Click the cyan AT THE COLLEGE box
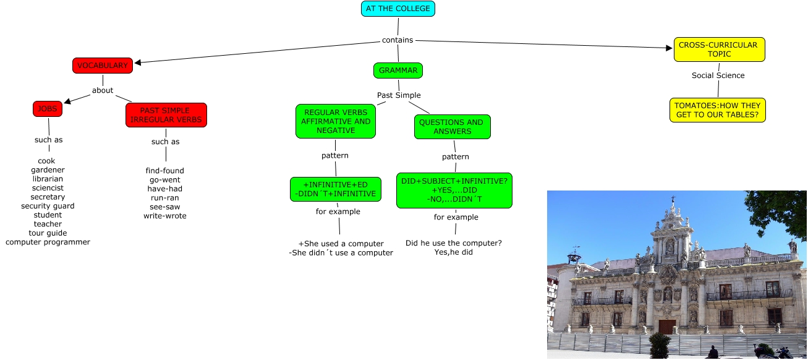[398, 9]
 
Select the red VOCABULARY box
[103, 65]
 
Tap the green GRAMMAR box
[398, 71]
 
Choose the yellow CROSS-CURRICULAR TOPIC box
[719, 49]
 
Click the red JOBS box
[48, 109]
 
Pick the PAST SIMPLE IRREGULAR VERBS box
[166, 115]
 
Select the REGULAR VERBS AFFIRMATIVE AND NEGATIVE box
[336, 121]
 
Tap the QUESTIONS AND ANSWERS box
[452, 127]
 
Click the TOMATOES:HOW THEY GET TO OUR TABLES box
[717, 110]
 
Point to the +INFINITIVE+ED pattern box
[336, 189]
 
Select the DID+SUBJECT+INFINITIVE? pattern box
[454, 191]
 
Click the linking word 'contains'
[398, 40]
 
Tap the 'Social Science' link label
[718, 75]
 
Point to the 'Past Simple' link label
[399, 95]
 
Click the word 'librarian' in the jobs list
[48, 179]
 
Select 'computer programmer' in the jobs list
[48, 242]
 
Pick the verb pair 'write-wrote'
[164, 216]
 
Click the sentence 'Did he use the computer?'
[454, 243]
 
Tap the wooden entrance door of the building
[666, 327]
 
